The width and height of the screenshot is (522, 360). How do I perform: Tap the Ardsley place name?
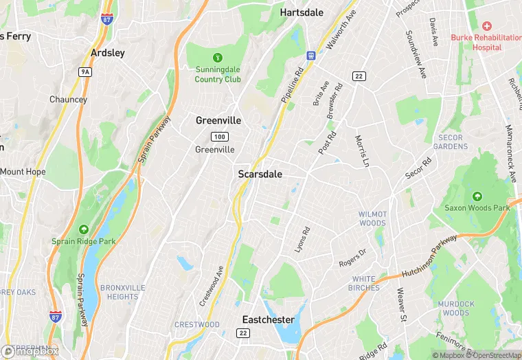pos(108,53)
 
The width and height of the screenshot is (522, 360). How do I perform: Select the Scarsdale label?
pos(260,175)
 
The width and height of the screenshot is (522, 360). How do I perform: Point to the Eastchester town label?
pos(268,319)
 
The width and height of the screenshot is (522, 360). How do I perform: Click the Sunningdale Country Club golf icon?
pos(218,57)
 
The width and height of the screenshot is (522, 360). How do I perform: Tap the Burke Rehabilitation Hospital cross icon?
pos(486,25)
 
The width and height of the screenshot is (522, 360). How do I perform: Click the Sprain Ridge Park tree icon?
pos(83,229)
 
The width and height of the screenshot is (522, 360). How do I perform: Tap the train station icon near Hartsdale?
pos(310,55)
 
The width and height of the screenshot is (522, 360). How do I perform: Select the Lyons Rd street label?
pos(302,238)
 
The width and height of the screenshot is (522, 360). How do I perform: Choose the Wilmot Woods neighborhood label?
pos(372,218)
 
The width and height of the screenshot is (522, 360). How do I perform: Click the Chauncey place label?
pos(68,100)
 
